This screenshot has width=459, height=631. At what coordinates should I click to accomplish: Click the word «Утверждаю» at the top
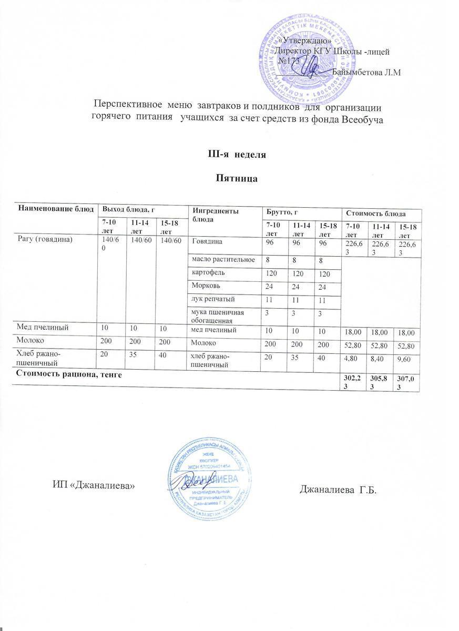304,40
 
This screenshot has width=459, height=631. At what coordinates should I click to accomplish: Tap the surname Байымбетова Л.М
367,72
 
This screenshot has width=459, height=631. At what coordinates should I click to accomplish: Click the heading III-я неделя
229,155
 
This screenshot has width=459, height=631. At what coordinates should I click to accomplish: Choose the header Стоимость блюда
375,213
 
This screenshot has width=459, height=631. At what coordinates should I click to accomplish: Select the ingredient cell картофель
210,274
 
